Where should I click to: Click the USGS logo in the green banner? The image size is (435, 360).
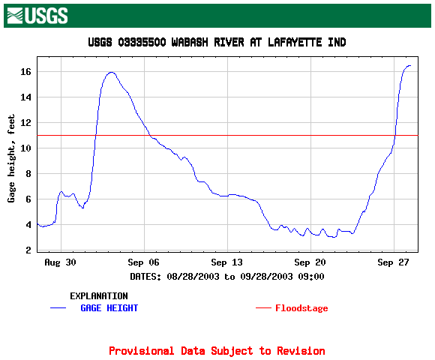tap(37, 16)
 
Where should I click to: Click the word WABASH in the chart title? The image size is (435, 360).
tap(190, 43)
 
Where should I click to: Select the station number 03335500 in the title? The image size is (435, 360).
tap(142, 43)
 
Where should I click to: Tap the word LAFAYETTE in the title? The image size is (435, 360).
tap(295, 43)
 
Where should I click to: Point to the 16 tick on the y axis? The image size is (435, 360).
tap(25, 72)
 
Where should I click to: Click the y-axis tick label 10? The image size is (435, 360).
tap(25, 148)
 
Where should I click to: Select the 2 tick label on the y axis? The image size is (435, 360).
tap(28, 250)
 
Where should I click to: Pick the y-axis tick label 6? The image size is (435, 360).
tap(28, 199)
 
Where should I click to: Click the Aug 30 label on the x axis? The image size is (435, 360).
tap(61, 262)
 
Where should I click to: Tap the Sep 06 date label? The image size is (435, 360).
tap(144, 262)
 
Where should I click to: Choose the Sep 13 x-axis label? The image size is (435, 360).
tap(227, 262)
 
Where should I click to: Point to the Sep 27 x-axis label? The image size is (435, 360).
tap(394, 262)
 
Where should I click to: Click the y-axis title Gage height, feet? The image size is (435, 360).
tap(11, 158)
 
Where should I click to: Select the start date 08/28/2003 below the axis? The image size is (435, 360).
tap(193, 277)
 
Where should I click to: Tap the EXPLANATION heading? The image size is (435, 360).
tap(99, 296)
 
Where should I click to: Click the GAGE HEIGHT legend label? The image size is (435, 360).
tap(109, 308)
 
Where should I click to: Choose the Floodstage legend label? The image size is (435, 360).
tap(301, 308)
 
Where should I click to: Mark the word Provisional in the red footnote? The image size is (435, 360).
tap(142, 351)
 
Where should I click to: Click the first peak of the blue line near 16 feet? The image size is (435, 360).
tap(112, 73)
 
